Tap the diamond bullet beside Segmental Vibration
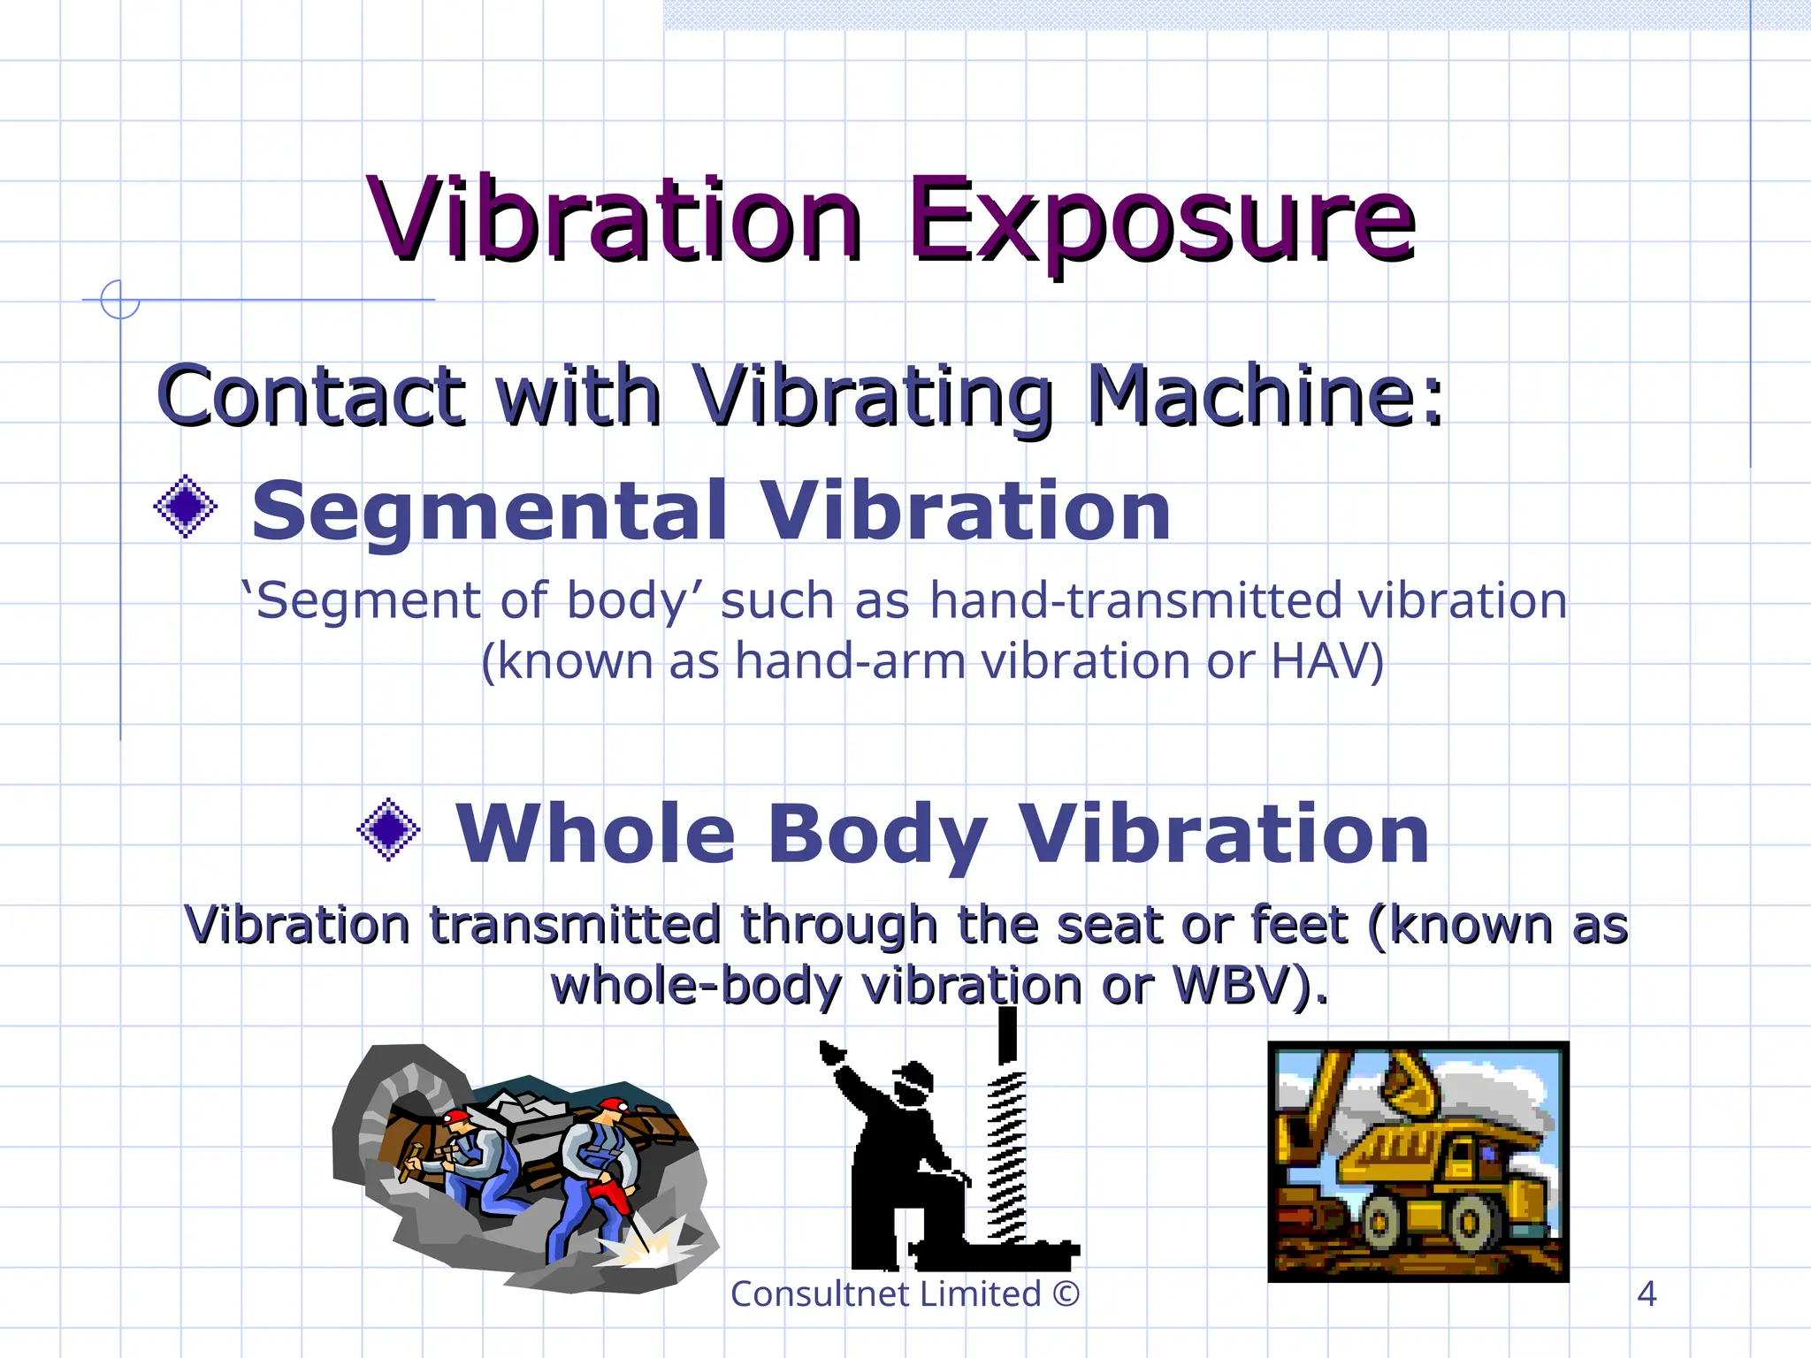[x=186, y=507]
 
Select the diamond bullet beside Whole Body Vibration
[x=388, y=829]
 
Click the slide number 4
[x=1647, y=1294]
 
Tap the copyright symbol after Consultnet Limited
[x=1066, y=1294]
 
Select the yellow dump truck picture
[x=1417, y=1161]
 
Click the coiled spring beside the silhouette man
[x=1005, y=1154]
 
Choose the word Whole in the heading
[x=594, y=834]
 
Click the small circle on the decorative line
[x=119, y=299]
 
